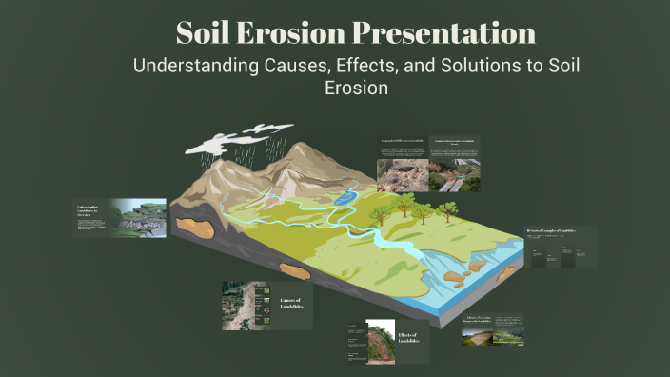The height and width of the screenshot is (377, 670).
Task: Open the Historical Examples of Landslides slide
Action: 562,232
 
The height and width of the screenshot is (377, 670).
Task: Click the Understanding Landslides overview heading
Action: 89,209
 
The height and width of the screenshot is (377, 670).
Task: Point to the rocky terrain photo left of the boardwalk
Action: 404,175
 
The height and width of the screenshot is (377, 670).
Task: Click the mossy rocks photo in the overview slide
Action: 140,217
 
